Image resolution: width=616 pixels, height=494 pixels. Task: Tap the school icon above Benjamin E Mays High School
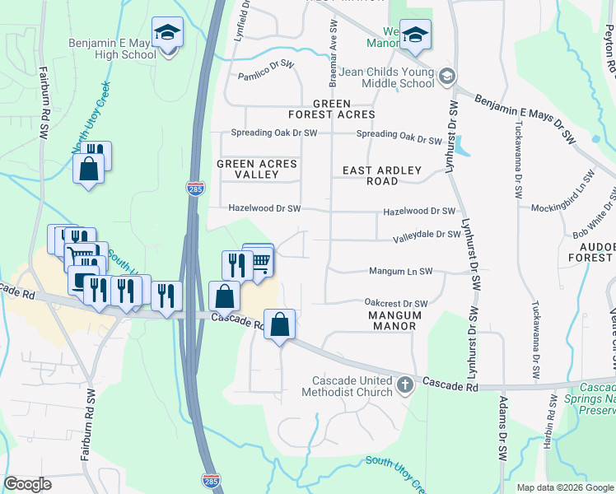point(168,33)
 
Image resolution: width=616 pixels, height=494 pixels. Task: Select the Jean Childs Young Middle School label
point(385,77)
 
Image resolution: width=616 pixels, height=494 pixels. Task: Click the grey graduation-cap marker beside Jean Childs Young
point(446,77)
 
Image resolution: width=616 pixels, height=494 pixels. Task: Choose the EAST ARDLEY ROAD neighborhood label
point(382,175)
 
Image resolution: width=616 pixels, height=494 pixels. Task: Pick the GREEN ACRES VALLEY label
point(256,170)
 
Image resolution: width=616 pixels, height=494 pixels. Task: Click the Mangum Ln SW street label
point(400,271)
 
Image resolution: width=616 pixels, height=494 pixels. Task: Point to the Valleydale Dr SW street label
point(426,234)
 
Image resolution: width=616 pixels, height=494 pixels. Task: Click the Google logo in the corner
point(28,484)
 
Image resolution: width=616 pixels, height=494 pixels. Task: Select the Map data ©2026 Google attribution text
point(564,487)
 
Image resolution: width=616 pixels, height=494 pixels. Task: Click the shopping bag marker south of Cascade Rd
point(280,323)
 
